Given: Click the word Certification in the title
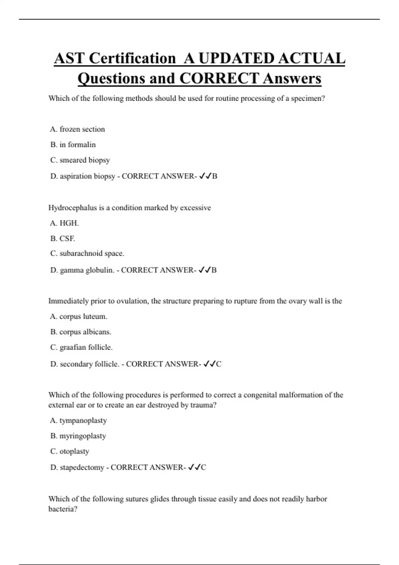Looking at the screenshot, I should (132, 58).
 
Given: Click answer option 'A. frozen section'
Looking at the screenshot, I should (77, 129).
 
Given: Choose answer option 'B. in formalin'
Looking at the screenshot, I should (73, 145).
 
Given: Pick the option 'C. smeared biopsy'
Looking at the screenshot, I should (80, 160).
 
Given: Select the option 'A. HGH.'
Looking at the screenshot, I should (65, 223).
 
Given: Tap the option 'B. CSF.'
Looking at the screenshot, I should (63, 239).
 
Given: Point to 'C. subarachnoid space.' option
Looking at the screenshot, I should (87, 254).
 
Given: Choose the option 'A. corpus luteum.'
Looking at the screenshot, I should (78, 316).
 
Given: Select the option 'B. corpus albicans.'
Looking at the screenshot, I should (81, 332).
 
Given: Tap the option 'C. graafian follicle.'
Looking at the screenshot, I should (81, 347).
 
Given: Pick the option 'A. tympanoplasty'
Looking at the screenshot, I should (78, 420).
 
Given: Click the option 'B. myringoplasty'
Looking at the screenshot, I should (78, 436).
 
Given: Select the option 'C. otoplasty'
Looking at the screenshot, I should (70, 451).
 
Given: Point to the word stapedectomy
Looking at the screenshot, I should (82, 468).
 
